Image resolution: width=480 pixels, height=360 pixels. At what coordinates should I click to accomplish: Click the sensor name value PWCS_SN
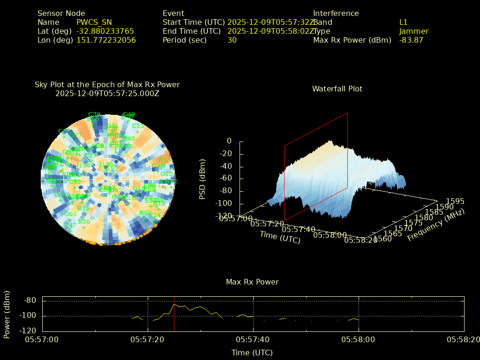point(94,22)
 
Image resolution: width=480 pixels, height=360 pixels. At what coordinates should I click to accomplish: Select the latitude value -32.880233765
point(105,31)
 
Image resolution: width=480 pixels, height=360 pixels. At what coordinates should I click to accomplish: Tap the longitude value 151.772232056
point(106,40)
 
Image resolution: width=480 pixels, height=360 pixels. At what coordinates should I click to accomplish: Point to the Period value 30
point(232,40)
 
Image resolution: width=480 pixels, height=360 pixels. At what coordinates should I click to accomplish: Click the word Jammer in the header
point(414,31)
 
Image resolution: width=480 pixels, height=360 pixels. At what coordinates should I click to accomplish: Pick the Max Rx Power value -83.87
point(411,40)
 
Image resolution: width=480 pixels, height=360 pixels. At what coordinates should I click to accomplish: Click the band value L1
point(404,22)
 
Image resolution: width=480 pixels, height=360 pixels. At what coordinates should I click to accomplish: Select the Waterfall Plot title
point(337,89)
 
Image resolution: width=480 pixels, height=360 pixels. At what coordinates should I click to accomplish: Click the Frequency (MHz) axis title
point(435,225)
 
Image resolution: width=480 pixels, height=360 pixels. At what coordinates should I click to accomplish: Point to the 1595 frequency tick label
point(455,201)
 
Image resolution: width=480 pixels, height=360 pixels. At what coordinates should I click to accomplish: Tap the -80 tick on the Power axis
point(30,300)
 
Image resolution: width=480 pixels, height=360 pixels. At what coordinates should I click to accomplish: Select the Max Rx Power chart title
point(252,282)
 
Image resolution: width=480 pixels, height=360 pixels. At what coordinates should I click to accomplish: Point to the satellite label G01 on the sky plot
point(70,214)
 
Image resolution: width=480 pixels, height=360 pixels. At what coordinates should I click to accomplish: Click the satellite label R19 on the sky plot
point(83,209)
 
